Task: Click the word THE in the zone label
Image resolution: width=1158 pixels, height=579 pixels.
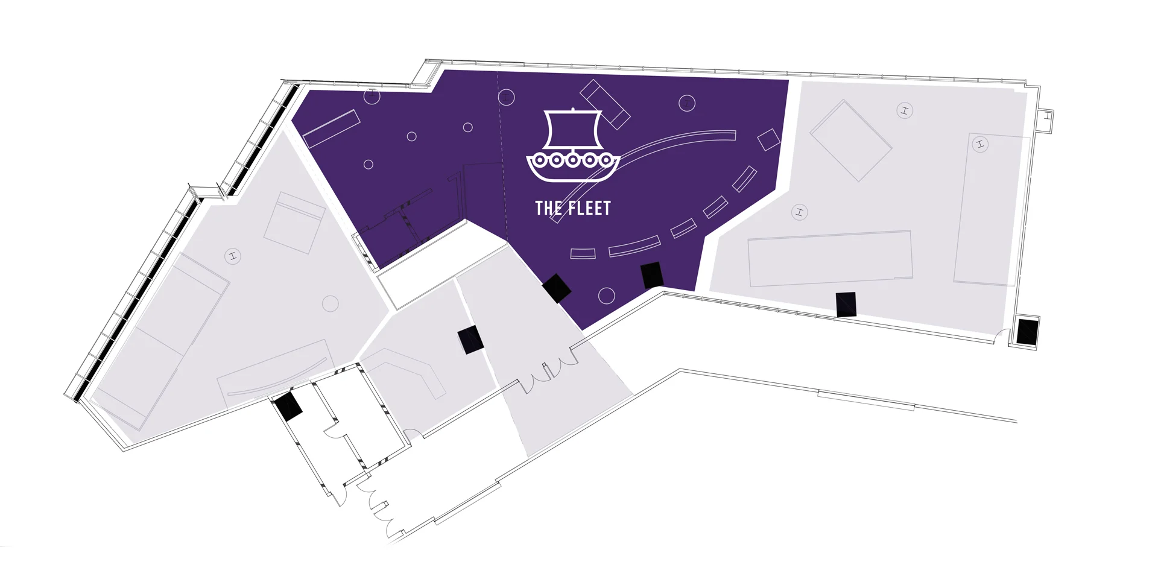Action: click(549, 209)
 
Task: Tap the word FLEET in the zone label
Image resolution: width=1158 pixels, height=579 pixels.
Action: click(589, 209)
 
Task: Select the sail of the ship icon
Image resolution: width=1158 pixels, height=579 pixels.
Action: click(572, 129)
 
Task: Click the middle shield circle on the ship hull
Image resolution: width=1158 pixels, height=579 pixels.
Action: click(572, 160)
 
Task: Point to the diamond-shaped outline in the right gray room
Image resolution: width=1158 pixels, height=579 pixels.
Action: click(850, 141)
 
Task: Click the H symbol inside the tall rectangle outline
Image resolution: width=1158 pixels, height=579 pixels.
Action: click(980, 144)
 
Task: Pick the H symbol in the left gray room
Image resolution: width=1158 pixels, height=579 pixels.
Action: click(233, 256)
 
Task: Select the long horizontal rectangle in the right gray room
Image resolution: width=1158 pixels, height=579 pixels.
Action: click(830, 258)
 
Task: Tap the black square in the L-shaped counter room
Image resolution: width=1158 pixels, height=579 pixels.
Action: click(470, 340)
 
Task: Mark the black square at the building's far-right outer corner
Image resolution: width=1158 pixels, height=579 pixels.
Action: click(1027, 332)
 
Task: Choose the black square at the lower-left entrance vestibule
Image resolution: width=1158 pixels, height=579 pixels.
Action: click(288, 405)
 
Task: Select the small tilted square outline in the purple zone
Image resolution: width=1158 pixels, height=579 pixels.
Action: click(768, 139)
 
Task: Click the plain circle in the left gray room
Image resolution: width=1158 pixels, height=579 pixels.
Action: click(330, 303)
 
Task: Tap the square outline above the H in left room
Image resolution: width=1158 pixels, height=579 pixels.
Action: click(294, 223)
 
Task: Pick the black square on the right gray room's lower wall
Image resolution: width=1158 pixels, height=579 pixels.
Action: click(846, 304)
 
